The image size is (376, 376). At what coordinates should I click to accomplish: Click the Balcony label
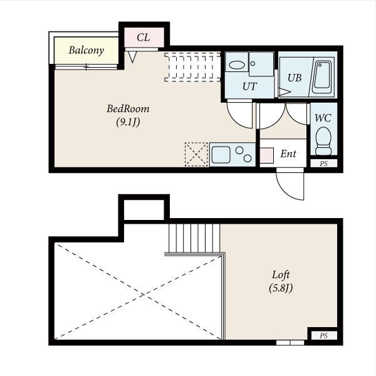coord(86,50)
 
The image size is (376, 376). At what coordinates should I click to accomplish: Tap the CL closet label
coord(144,38)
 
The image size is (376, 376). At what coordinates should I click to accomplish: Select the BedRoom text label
coord(128,109)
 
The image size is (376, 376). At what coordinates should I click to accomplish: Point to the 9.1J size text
coord(128,122)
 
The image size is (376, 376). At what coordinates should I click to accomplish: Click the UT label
coord(249,86)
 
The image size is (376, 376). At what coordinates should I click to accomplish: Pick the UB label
coord(295,78)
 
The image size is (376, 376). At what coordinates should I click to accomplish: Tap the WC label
coord(323,118)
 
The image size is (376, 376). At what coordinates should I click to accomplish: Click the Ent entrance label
coord(288,154)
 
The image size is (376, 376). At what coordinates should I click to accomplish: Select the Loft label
coord(281,274)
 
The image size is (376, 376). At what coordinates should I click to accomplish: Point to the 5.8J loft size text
coord(281,288)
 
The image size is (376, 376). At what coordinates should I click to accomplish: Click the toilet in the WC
coord(323,141)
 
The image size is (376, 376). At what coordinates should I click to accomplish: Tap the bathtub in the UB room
coord(322,77)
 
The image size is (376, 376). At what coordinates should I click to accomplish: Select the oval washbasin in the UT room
coord(237,65)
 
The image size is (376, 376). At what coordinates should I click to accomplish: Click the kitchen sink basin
coord(221,155)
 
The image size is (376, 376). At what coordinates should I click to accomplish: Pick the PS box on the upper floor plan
coord(324,164)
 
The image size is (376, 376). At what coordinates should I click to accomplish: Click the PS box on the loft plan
coord(324,335)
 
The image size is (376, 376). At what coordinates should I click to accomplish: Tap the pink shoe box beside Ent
coord(267,155)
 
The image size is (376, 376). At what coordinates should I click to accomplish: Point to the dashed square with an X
coord(196,154)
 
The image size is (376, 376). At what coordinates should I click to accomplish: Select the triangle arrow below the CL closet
coord(132,57)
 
